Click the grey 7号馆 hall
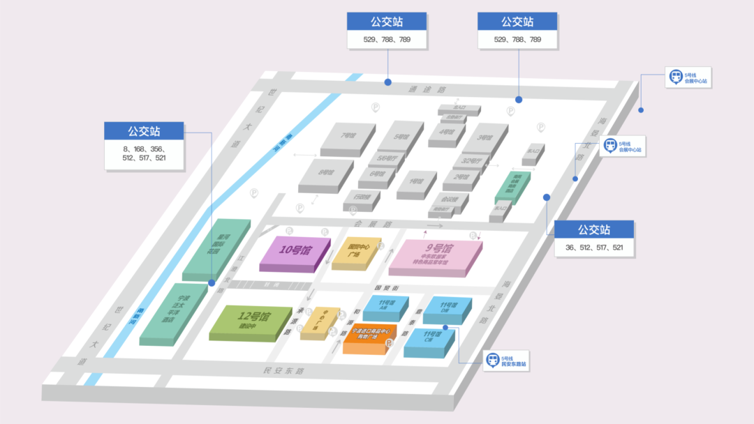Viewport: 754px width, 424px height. click(348, 138)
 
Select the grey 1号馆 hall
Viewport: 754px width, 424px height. click(416, 183)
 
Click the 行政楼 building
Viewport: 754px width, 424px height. click(362, 198)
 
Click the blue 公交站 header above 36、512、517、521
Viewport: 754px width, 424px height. click(593, 229)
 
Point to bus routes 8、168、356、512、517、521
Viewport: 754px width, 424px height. click(145, 153)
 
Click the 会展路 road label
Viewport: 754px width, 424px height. click(363, 224)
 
